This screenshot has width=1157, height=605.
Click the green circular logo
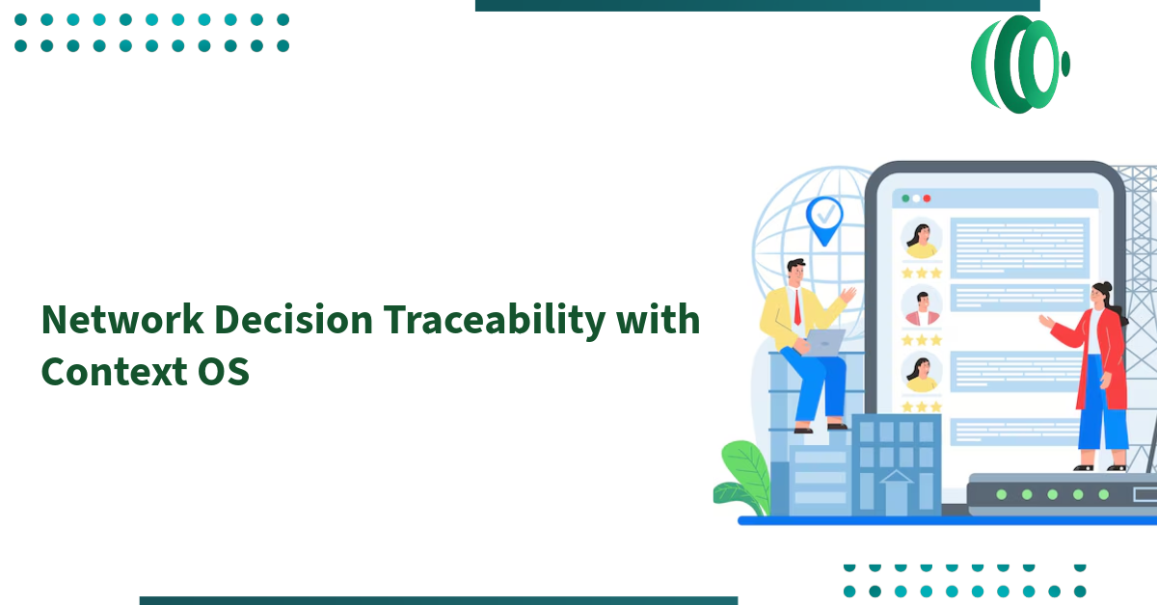(1019, 65)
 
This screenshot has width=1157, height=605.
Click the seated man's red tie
(797, 306)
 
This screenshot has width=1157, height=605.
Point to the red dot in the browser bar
(927, 198)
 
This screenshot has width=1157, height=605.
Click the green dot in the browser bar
(904, 198)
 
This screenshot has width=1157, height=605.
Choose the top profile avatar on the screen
(922, 239)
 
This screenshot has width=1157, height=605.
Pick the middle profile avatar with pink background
(922, 307)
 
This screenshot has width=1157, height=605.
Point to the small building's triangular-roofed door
(896, 491)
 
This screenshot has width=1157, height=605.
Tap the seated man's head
(796, 272)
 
